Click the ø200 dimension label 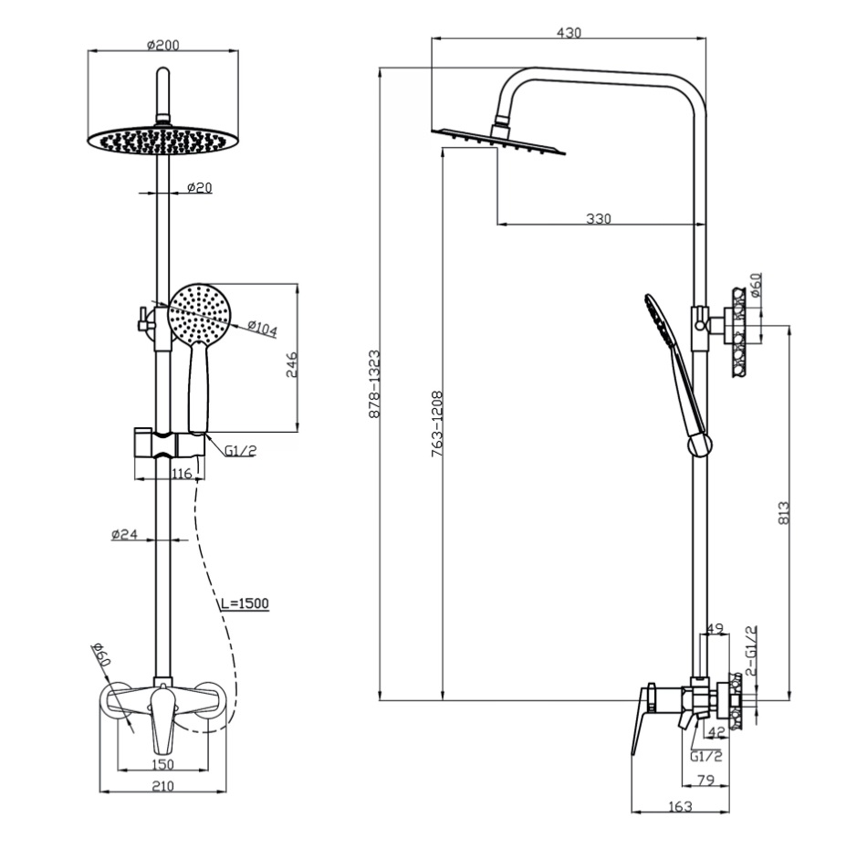coord(162,45)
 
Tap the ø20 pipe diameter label coord(199,187)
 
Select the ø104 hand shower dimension coord(262,328)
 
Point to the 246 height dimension coord(292,364)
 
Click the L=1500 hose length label coord(245,603)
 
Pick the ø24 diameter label coord(124,534)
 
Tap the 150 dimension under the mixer coord(162,763)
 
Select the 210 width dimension coord(162,786)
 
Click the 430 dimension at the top coord(569,33)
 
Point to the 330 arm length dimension coord(599,218)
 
